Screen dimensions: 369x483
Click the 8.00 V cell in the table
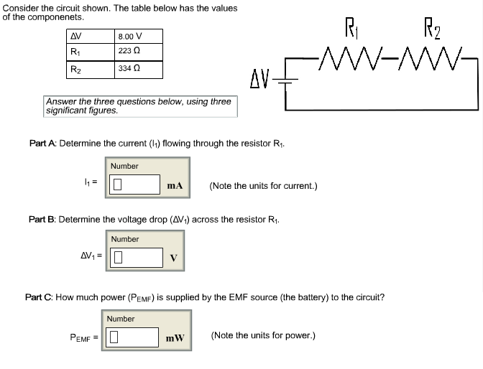[x=138, y=37]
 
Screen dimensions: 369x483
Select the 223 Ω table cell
[x=138, y=52]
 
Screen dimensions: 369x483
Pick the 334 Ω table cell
[x=138, y=69]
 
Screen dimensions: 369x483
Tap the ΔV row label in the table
[x=75, y=37]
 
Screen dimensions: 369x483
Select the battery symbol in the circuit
[x=286, y=79]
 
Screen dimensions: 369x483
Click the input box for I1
[x=134, y=185]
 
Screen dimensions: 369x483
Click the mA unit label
[x=175, y=186]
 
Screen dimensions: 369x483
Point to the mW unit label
[x=175, y=337]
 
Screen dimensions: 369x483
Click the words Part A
[x=42, y=144]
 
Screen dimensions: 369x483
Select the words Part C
[x=39, y=296]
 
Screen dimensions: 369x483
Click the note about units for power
[x=262, y=335]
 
